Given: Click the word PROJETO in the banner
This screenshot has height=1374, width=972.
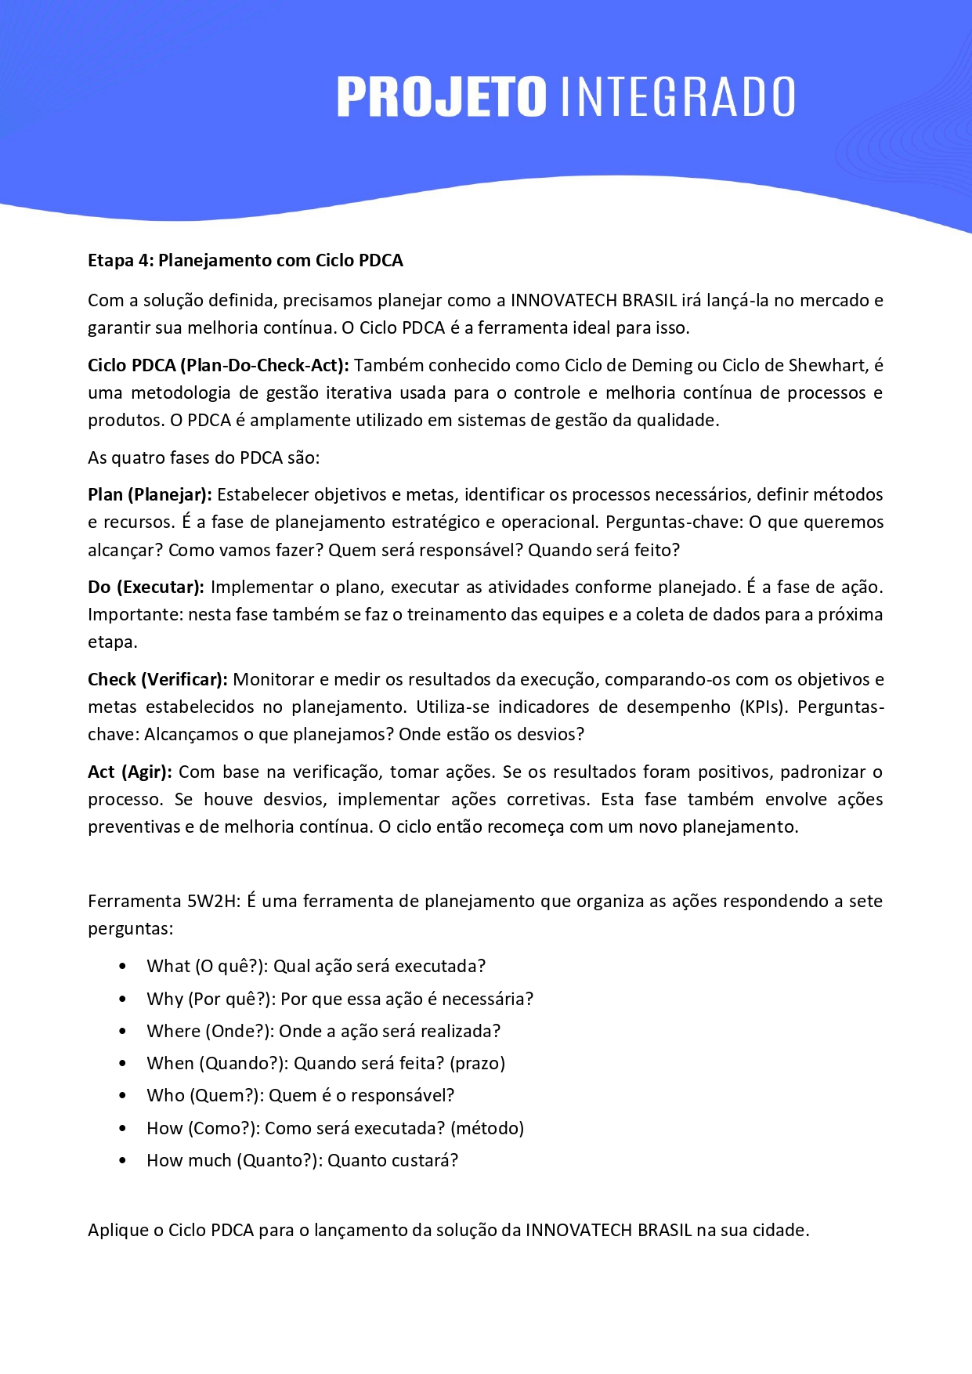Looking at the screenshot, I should [x=441, y=97].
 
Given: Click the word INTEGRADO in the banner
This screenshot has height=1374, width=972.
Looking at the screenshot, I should [x=678, y=97].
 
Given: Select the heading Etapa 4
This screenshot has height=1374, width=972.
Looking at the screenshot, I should [x=245, y=260].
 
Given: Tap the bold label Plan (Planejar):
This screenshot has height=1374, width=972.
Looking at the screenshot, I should [x=150, y=494].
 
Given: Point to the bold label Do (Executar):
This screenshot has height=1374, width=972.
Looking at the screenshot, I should [x=146, y=587].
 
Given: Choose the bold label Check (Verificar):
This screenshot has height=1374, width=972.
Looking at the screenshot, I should [x=157, y=679].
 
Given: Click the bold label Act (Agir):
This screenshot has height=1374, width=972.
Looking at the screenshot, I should [x=130, y=772].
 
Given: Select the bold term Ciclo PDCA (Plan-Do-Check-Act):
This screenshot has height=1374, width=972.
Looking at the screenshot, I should [x=219, y=365].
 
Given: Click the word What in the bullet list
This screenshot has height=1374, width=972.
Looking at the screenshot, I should [x=168, y=966].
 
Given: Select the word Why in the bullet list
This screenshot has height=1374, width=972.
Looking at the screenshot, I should [x=164, y=999].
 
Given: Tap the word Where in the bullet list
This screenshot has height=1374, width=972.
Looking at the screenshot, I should [x=172, y=1031].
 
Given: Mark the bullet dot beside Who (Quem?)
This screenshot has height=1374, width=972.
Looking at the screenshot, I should [x=122, y=1096].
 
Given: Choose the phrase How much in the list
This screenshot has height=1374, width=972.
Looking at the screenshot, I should [x=189, y=1160].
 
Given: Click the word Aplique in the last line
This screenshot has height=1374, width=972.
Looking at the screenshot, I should [x=117, y=1230].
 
